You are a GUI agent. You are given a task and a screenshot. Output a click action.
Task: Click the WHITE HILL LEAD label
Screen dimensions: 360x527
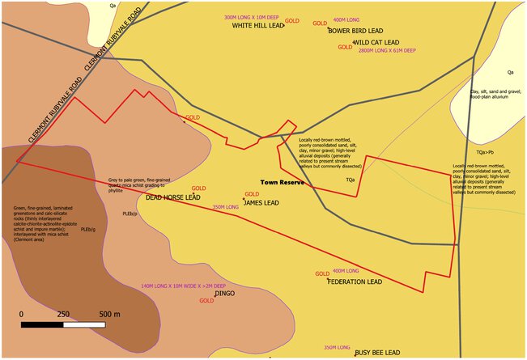[258, 25]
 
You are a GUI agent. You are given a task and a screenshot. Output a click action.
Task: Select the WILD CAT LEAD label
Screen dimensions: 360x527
[377, 42]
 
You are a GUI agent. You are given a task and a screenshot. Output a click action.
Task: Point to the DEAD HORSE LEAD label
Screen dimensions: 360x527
[173, 197]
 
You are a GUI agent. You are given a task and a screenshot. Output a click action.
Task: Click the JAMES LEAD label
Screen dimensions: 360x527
[261, 203]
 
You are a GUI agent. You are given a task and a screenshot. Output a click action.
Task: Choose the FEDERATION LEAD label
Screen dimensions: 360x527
[355, 282]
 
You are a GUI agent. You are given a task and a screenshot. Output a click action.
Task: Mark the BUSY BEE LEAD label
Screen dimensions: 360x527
[377, 353]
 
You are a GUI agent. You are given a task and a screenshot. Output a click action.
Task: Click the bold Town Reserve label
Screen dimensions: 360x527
[282, 183]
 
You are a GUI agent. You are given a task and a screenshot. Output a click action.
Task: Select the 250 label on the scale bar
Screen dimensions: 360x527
[63, 314]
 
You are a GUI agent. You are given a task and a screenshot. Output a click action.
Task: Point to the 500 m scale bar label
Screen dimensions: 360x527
[109, 314]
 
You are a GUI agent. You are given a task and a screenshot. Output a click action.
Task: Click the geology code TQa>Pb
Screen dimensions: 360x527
[486, 152]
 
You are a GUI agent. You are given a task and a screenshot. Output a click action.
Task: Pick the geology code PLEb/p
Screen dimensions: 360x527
[130, 214]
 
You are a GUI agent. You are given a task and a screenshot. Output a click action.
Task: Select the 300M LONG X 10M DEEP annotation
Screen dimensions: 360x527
[252, 17]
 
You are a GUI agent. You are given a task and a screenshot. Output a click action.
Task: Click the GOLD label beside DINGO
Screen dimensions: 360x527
[206, 300]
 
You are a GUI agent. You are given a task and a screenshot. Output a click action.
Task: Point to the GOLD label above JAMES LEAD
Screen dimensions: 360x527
[252, 194]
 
